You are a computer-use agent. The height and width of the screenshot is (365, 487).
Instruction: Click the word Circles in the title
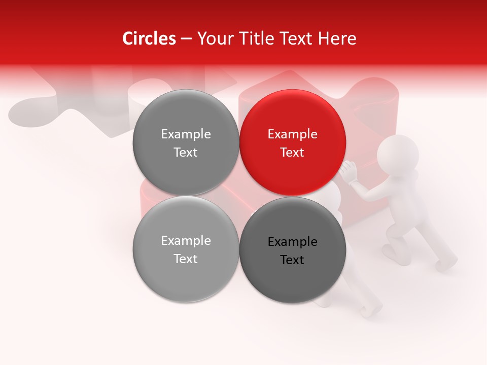tap(149, 39)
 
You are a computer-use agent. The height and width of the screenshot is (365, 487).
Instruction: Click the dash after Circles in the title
tap(186, 39)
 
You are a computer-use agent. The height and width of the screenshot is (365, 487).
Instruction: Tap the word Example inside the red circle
tap(293, 134)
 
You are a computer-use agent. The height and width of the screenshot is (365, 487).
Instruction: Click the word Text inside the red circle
tap(293, 153)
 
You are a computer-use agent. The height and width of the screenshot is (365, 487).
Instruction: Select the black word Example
tap(293, 242)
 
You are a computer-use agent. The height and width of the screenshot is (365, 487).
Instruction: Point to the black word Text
tap(293, 260)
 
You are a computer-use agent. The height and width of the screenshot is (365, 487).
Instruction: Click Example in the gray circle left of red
tap(186, 134)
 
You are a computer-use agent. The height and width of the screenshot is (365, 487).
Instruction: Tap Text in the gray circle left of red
tap(186, 153)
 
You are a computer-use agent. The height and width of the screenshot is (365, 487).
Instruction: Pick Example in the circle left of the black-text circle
tap(186, 241)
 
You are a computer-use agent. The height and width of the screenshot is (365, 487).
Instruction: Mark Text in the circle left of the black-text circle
tap(186, 259)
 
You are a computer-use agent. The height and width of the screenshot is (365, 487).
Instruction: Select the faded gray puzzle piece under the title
tap(76, 106)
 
